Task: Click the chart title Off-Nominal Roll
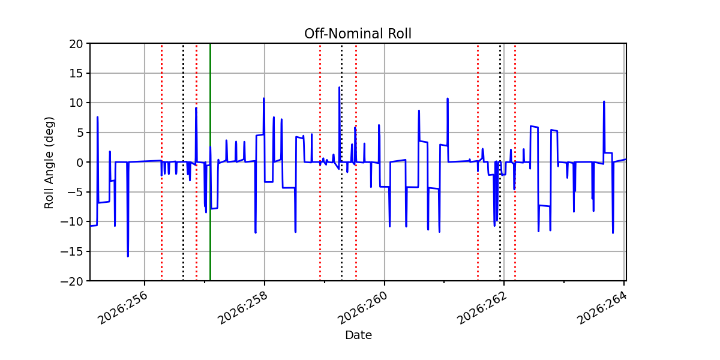click(358, 34)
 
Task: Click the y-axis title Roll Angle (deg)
click(49, 163)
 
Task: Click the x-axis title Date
click(358, 335)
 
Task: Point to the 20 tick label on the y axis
click(76, 44)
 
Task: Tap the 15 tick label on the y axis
click(76, 74)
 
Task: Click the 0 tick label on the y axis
click(79, 163)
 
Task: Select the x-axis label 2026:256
click(123, 308)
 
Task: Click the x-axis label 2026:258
click(242, 308)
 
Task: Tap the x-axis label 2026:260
click(362, 308)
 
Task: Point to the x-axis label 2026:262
click(482, 308)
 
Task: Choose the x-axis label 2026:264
click(602, 308)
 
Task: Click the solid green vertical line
click(210, 162)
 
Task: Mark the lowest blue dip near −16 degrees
click(128, 256)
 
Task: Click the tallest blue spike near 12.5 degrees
click(339, 87)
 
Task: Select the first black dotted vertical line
click(183, 162)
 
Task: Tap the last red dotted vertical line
click(515, 162)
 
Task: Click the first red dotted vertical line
click(161, 162)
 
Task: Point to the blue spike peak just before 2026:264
click(604, 101)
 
